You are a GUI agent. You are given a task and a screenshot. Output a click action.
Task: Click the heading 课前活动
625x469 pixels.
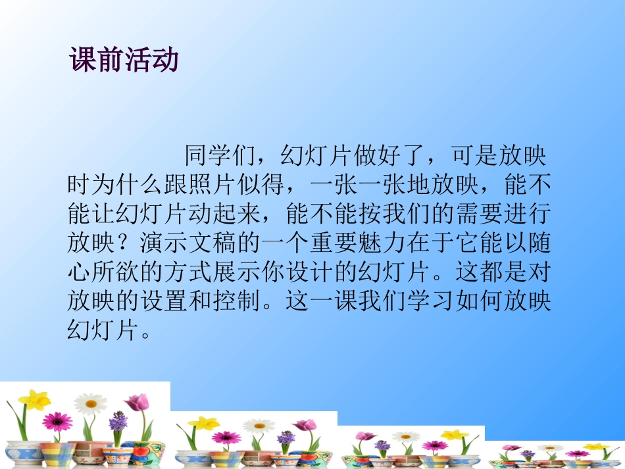(124, 60)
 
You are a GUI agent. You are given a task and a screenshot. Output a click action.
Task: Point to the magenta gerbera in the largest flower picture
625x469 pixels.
(57, 420)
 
